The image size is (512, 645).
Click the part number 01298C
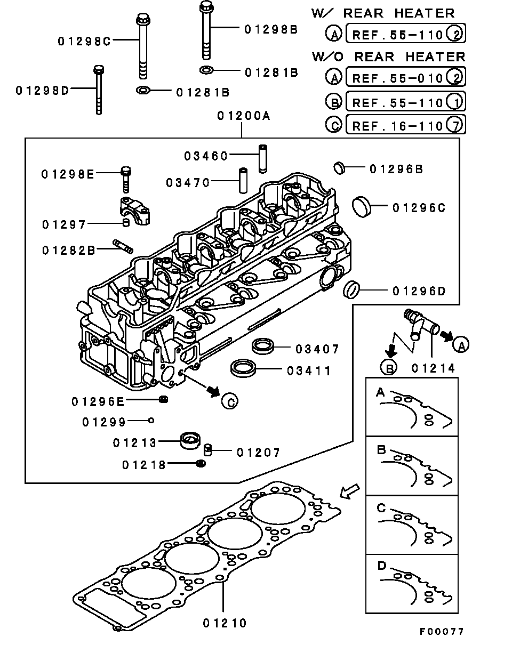click(84, 41)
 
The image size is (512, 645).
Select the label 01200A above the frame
click(243, 116)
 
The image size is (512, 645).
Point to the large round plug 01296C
click(363, 206)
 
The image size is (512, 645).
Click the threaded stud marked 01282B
click(123, 247)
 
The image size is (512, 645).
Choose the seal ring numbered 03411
click(243, 368)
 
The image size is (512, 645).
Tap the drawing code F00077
click(441, 631)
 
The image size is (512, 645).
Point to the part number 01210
click(225, 622)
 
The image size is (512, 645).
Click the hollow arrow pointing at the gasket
click(349, 493)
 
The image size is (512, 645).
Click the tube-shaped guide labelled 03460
click(262, 158)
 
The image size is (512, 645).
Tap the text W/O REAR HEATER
click(388, 57)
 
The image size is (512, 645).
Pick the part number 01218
click(143, 465)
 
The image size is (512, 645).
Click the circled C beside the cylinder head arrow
click(229, 401)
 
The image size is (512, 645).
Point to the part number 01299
click(104, 422)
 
